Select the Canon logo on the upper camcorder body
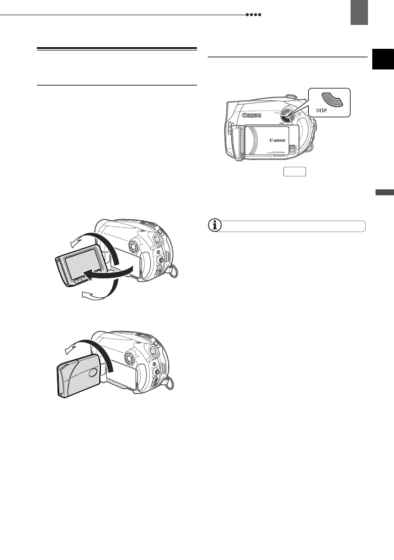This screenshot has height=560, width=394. pyautogui.click(x=253, y=115)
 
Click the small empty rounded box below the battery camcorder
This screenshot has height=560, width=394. pyautogui.click(x=294, y=172)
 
